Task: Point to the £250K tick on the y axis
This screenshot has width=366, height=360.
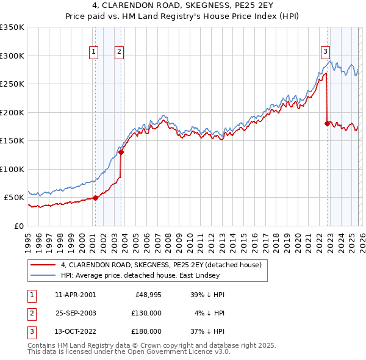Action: (x=12, y=84)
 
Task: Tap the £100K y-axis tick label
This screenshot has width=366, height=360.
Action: (x=12, y=169)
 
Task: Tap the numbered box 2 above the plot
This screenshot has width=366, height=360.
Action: (x=119, y=52)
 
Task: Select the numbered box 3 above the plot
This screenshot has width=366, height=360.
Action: (x=326, y=52)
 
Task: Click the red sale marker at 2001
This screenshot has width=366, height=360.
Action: (x=95, y=198)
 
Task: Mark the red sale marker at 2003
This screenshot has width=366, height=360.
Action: (x=121, y=153)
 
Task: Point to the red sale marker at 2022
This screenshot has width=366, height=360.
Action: (x=327, y=124)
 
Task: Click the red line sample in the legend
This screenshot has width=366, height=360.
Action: (x=43, y=265)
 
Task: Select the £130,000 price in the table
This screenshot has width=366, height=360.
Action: (x=146, y=313)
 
